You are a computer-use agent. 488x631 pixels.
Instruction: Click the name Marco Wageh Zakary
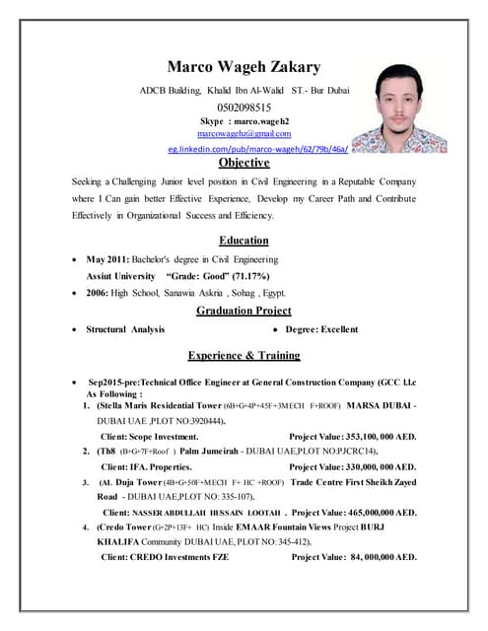244,67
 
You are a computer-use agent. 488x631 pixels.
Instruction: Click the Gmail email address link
244,133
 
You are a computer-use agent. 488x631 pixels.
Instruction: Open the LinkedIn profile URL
257,148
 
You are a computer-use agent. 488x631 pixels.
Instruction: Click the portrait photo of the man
412,108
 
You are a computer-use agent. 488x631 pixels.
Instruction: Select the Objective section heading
244,163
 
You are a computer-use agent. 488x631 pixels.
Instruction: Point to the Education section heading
244,240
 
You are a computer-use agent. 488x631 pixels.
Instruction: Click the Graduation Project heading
244,311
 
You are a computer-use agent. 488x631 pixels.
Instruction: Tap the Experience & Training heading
244,355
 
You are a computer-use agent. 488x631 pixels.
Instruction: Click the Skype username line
244,120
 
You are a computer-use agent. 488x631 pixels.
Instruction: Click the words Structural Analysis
125,329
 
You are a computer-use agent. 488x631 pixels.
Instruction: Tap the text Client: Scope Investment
150,435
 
